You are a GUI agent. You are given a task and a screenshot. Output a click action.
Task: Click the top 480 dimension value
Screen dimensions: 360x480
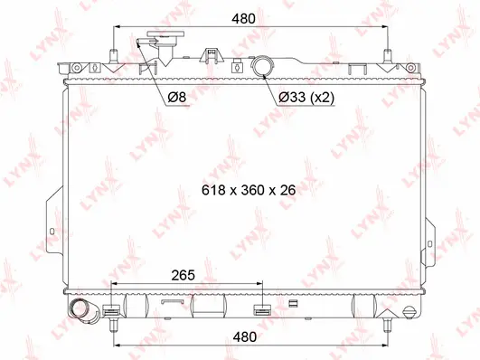[x=241, y=18]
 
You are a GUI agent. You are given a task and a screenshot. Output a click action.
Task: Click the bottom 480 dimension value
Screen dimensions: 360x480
[x=241, y=336]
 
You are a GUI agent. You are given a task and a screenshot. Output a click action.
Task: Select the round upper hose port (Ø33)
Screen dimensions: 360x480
[x=264, y=66]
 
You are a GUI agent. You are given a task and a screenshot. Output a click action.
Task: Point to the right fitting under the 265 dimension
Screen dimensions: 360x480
[x=263, y=312]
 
